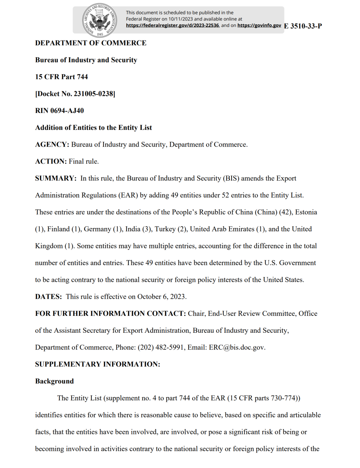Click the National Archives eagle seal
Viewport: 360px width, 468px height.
(100, 21)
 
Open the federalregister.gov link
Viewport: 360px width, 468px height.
(172, 25)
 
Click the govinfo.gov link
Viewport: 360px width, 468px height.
(259, 25)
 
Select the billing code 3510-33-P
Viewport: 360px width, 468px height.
(306, 26)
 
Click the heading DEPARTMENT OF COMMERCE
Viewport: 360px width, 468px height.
(91, 43)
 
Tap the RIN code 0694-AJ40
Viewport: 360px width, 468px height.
(67, 111)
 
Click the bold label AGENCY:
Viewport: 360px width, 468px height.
(52, 145)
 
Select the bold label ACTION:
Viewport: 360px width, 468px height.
(51, 162)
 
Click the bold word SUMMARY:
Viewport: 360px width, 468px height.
(56, 179)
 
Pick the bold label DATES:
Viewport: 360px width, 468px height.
(48, 297)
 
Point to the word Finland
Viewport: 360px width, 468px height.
(58, 229)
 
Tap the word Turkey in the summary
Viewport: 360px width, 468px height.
(165, 229)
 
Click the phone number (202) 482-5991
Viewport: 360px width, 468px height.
(161, 347)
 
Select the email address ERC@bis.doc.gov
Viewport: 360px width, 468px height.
(237, 347)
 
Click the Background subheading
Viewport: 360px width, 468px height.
(54, 381)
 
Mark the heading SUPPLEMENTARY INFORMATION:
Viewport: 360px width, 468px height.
(97, 364)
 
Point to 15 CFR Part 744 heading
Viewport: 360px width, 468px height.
(61, 77)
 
